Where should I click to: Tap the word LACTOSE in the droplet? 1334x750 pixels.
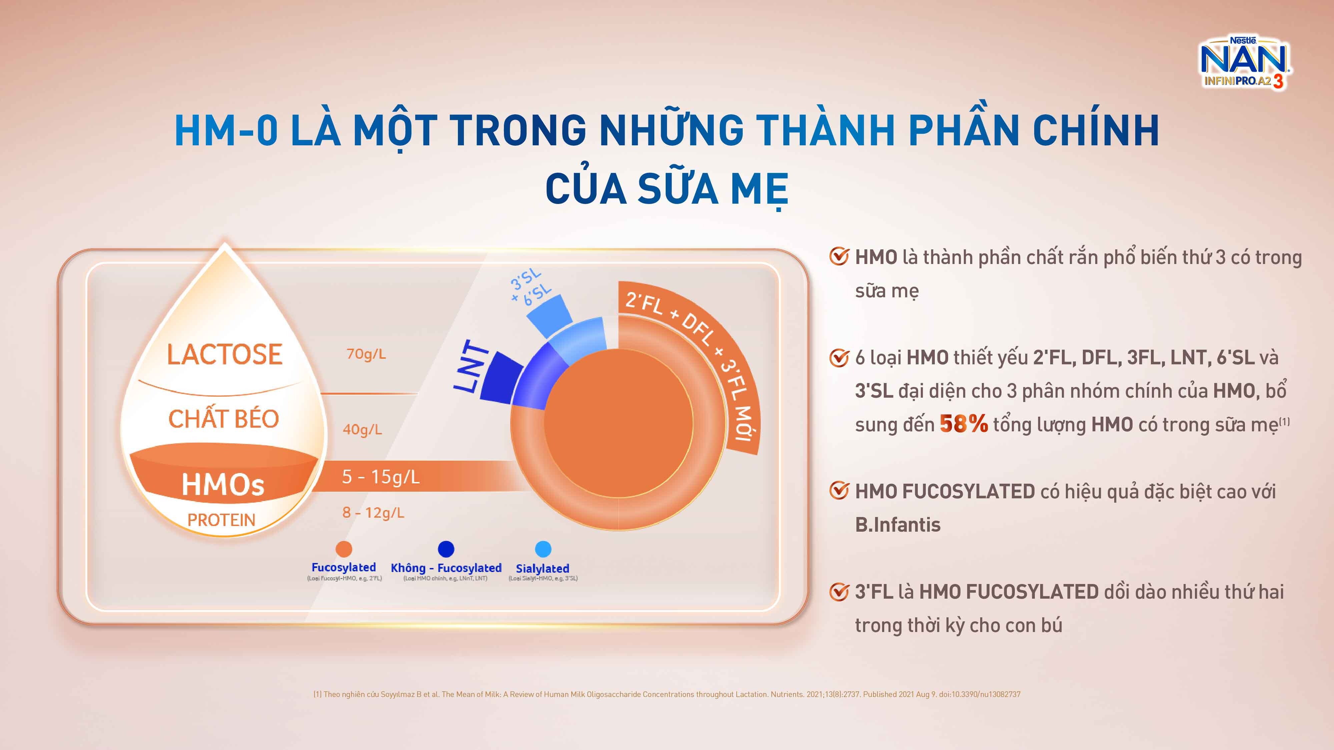pyautogui.click(x=224, y=355)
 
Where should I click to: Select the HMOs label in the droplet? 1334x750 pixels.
pyautogui.click(x=223, y=485)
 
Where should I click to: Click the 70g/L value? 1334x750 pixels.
pyautogui.click(x=366, y=354)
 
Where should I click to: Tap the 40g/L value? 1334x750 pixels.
pyautogui.click(x=363, y=429)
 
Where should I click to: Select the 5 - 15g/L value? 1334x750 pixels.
pyautogui.click(x=381, y=477)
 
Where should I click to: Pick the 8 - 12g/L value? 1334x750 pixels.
pyautogui.click(x=373, y=512)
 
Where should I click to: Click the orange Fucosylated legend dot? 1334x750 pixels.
pyautogui.click(x=344, y=549)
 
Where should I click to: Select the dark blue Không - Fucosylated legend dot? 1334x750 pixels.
pyautogui.click(x=446, y=549)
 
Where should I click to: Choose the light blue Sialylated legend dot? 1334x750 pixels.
pyautogui.click(x=543, y=549)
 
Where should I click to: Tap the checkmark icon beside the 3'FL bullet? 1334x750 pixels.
pyautogui.click(x=839, y=592)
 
